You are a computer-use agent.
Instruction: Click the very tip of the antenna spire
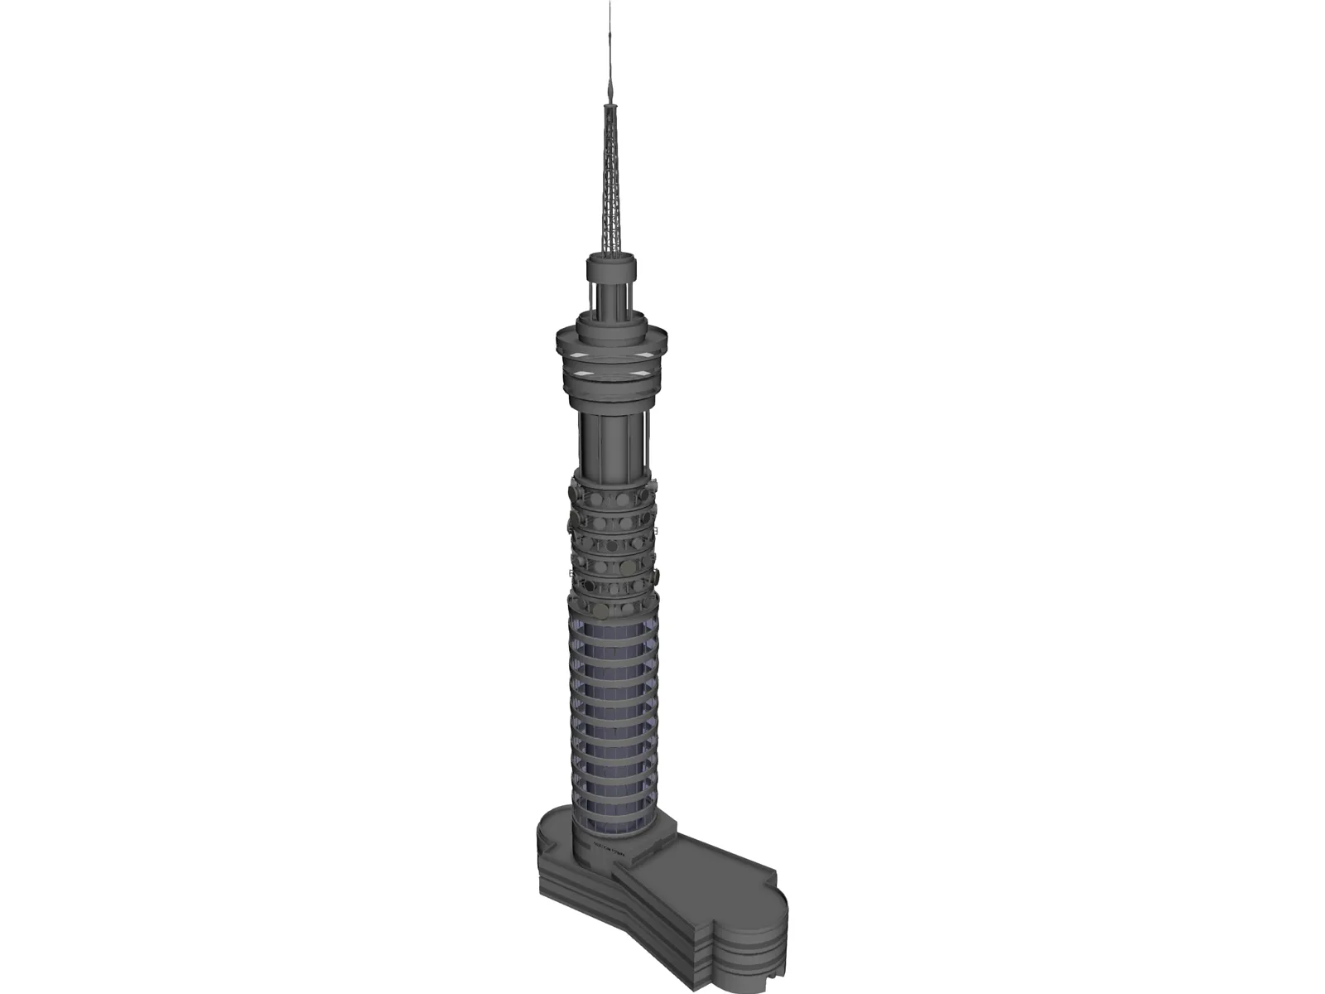(x=611, y=4)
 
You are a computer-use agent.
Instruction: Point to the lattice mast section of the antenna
(x=612, y=191)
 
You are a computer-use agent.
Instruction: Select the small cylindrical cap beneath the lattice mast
(x=612, y=269)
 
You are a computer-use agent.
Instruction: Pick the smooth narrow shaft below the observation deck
(x=613, y=439)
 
